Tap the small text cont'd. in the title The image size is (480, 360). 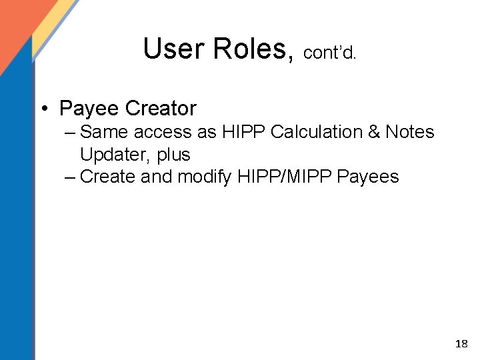pyautogui.click(x=329, y=53)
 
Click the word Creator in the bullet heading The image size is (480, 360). pyautogui.click(x=161, y=107)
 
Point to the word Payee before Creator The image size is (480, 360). pyautogui.click(x=89, y=107)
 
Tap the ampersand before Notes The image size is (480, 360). pyautogui.click(x=373, y=132)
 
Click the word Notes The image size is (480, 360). pyautogui.click(x=410, y=132)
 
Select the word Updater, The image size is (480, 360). pyautogui.click(x=116, y=155)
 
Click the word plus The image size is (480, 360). pyautogui.click(x=174, y=155)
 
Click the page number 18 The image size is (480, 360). pyautogui.click(x=461, y=344)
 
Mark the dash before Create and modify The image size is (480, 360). pyautogui.click(x=71, y=177)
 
